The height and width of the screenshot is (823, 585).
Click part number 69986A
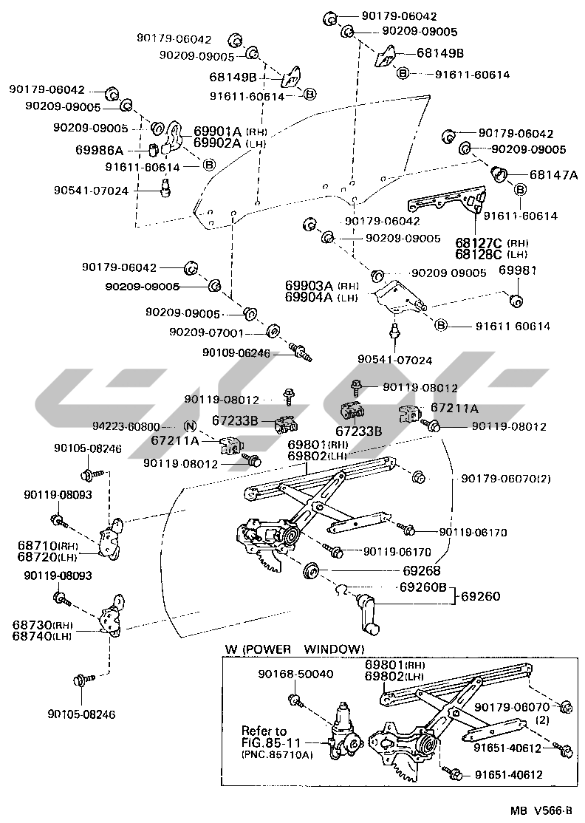coord(99,149)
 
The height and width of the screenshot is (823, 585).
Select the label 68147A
coord(553,175)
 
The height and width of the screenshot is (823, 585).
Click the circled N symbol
coord(189,426)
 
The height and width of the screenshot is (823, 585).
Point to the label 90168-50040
coord(296,675)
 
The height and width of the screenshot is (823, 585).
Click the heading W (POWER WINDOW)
coord(295,649)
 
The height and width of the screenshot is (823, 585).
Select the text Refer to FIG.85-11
coord(264,737)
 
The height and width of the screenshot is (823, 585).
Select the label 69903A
coord(309,285)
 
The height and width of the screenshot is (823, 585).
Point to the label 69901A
coord(218,132)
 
